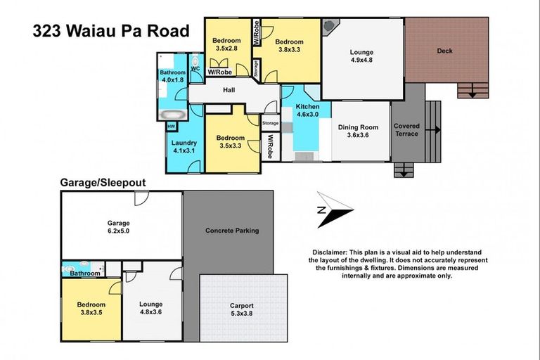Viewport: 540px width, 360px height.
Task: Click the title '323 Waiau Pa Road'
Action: tap(111, 31)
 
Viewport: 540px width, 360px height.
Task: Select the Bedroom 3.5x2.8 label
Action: tap(226, 45)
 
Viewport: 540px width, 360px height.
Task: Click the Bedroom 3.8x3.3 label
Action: tap(289, 46)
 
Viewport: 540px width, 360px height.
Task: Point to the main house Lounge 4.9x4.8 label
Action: tap(361, 56)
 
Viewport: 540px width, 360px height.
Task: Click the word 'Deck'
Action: tap(444, 51)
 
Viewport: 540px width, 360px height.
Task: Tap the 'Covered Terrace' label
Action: tap(406, 129)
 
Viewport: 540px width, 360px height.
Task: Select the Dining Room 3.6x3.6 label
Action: tap(358, 131)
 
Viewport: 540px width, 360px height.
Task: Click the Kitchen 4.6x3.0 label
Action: tap(307, 110)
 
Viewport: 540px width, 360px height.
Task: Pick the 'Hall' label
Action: tap(229, 91)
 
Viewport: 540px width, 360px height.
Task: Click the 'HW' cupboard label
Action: tap(171, 127)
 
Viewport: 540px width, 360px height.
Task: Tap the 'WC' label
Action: tap(195, 68)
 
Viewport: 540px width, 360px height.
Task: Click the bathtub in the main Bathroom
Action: tap(172, 113)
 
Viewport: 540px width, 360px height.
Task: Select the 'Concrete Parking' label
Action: tap(232, 231)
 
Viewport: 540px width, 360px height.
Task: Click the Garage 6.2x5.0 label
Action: tap(119, 226)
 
